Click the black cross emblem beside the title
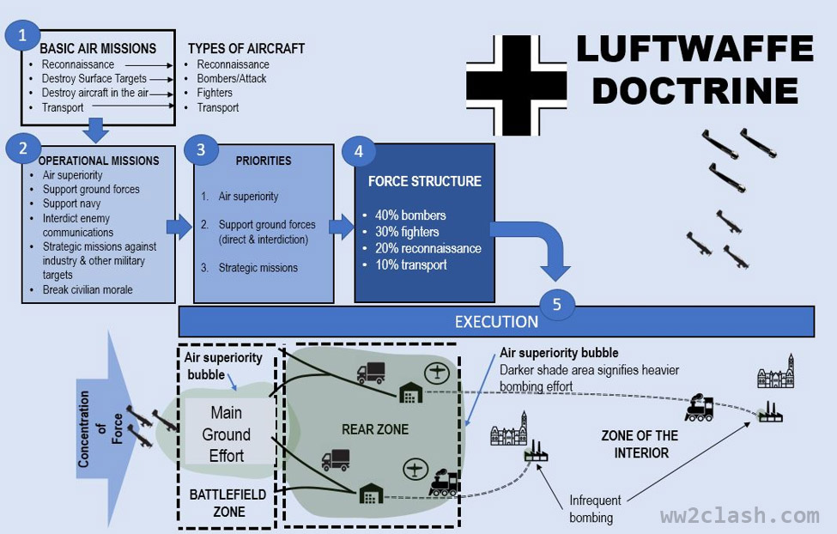click(517, 86)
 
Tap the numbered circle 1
click(22, 35)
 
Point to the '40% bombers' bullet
click(404, 215)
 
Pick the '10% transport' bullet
click(404, 265)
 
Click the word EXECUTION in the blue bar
click(496, 322)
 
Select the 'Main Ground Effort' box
click(227, 434)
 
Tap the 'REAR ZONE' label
click(375, 429)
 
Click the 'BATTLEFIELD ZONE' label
click(227, 503)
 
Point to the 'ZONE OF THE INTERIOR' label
click(640, 444)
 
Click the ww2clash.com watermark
click(739, 516)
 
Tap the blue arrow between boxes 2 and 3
click(179, 227)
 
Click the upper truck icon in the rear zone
click(371, 373)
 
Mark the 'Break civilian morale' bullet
click(88, 290)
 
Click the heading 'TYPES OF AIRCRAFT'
click(246, 48)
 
